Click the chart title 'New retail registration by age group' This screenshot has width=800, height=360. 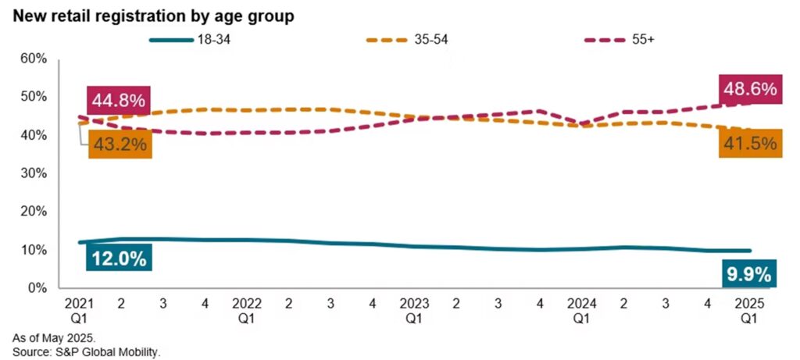152,16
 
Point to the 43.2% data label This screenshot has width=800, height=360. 120,144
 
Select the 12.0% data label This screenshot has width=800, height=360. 119,259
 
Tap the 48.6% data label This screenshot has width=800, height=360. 750,89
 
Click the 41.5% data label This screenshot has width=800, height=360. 750,143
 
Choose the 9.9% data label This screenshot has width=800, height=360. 750,275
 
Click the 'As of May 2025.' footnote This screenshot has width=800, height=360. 54,337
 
